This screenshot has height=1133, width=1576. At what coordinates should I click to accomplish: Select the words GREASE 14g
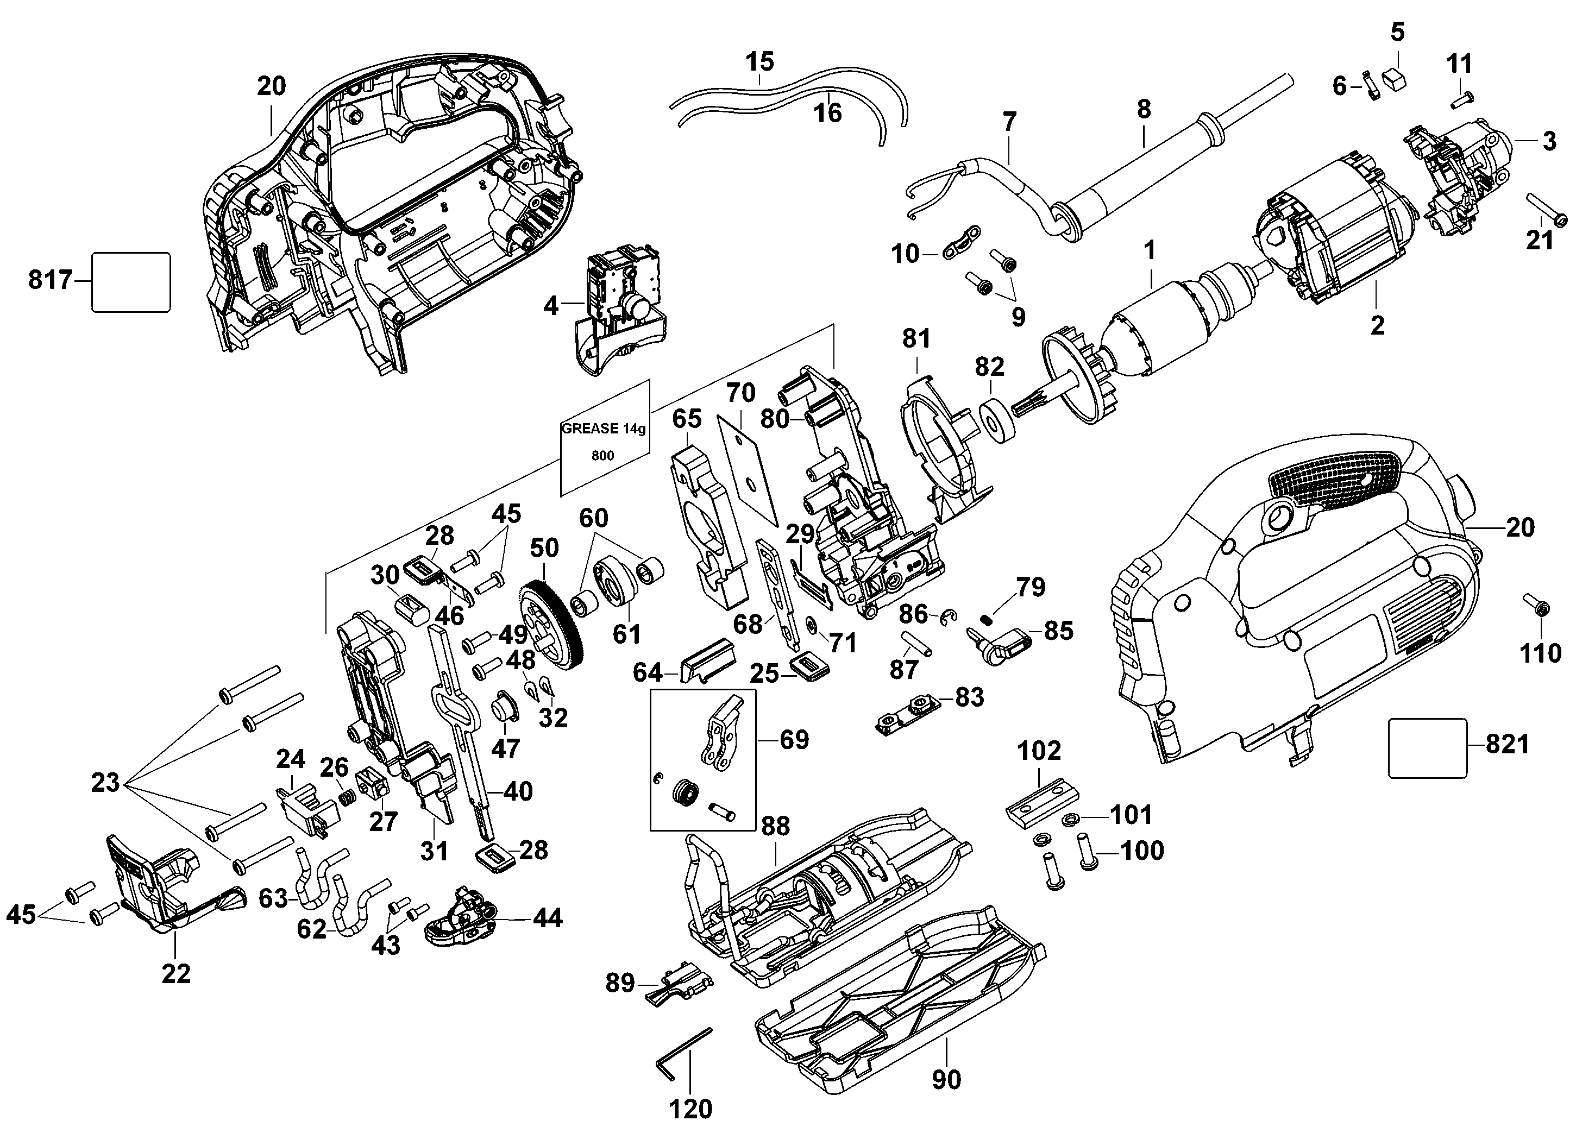[x=603, y=429]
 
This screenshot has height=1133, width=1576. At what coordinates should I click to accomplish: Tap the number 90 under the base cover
[x=946, y=1079]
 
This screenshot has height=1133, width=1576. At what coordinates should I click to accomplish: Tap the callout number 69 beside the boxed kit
[x=794, y=739]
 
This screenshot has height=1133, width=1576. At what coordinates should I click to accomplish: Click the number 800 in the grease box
[x=602, y=456]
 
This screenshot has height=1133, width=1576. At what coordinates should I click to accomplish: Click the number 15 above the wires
[x=759, y=61]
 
